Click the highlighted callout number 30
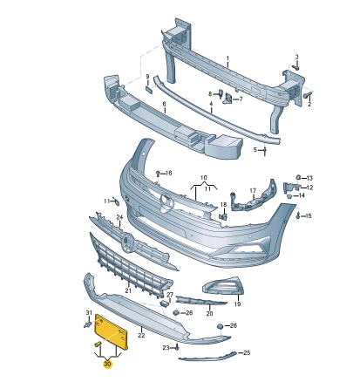(107, 364)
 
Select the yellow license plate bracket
(112, 332)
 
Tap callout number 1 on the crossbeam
(228, 58)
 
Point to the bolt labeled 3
(296, 67)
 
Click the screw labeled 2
(307, 95)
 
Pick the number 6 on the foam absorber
(164, 104)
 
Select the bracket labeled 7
(228, 99)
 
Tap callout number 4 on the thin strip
(211, 104)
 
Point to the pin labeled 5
(265, 151)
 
